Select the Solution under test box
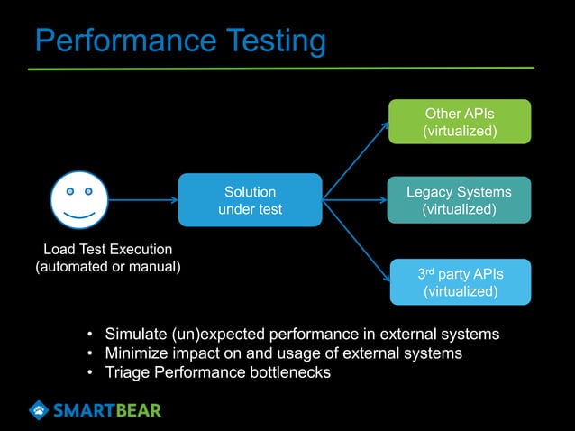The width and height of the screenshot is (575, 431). (x=250, y=200)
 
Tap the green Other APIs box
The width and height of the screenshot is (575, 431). (x=460, y=123)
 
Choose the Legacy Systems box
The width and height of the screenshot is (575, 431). (x=459, y=200)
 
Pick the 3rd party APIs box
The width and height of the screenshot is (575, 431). (x=460, y=282)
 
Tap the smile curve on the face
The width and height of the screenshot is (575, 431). (x=79, y=216)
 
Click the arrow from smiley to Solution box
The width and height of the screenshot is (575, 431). (x=142, y=200)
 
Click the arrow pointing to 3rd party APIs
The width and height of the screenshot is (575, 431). (x=357, y=238)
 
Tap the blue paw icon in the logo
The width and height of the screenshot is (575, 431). (x=39, y=410)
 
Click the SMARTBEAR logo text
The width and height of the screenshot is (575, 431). (x=106, y=411)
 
